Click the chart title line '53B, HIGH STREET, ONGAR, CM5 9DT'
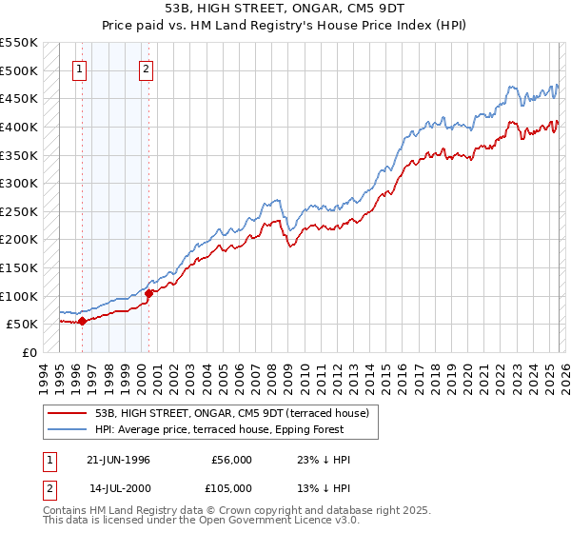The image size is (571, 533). (x=285, y=8)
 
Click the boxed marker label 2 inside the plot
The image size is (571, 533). (x=147, y=69)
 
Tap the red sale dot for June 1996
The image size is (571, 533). (x=82, y=321)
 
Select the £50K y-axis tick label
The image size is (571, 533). (x=23, y=324)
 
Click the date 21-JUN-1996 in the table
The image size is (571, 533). (x=119, y=460)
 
